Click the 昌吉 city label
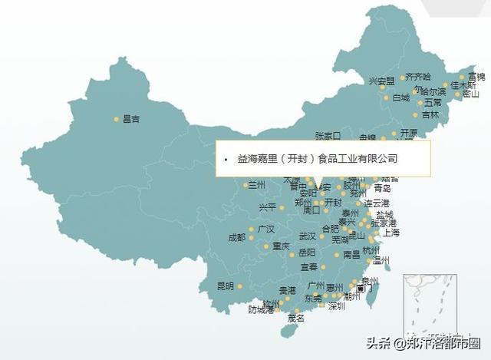[131, 119]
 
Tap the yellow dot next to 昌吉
[117, 119]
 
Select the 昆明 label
[226, 286]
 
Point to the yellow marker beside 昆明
[239, 286]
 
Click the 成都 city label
[237, 237]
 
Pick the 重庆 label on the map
[282, 246]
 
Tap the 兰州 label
[256, 185]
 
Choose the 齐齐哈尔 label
[418, 77]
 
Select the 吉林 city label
[431, 115]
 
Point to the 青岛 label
[382, 188]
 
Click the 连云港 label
[377, 203]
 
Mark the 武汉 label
[307, 236]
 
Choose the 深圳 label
[336, 306]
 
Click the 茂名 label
[295, 318]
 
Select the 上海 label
[390, 233]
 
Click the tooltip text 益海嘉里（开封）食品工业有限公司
[318, 158]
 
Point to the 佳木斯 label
[463, 85]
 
